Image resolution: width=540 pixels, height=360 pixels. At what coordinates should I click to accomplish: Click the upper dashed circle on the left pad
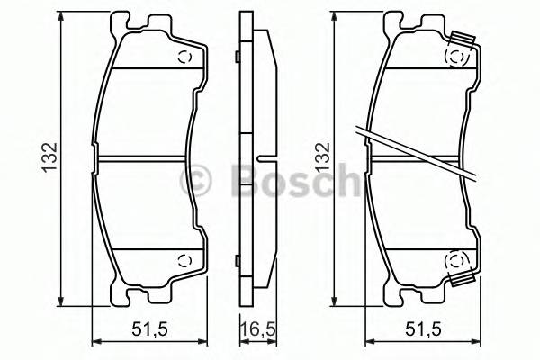[186, 58]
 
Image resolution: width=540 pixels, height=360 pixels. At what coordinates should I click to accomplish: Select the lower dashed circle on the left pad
[186, 262]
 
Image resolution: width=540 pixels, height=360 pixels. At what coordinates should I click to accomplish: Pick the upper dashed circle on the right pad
[456, 58]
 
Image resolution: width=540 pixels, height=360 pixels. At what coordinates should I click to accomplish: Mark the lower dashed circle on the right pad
[456, 262]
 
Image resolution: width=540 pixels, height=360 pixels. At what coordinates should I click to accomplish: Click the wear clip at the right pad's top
[464, 40]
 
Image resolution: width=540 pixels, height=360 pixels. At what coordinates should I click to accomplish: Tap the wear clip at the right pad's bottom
[464, 280]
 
